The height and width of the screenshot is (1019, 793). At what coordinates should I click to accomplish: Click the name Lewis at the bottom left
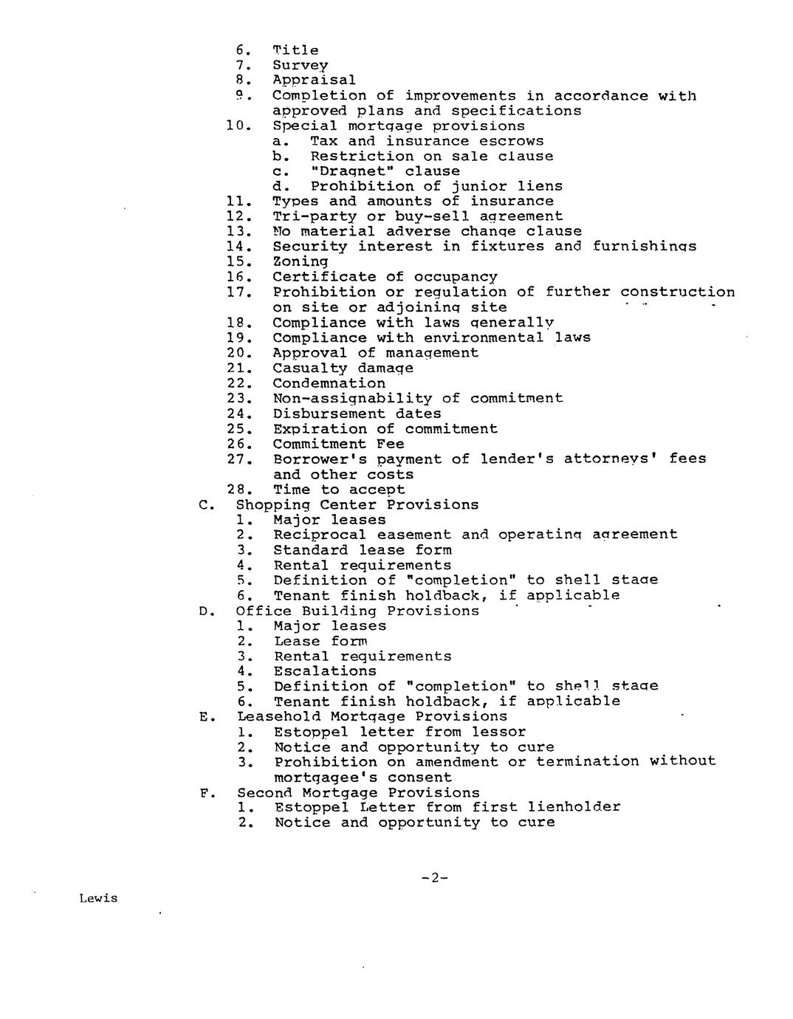pyautogui.click(x=98, y=899)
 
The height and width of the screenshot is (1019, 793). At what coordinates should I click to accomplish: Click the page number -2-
pyautogui.click(x=435, y=877)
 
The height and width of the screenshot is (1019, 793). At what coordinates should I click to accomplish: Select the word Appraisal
pyautogui.click(x=314, y=80)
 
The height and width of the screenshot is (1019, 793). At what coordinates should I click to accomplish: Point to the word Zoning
pyautogui.click(x=300, y=261)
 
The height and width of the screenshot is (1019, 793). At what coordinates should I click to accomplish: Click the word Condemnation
pyautogui.click(x=329, y=383)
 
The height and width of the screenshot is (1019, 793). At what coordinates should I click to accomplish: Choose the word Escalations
pyautogui.click(x=325, y=671)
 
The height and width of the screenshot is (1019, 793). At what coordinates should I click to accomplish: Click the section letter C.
pyautogui.click(x=205, y=505)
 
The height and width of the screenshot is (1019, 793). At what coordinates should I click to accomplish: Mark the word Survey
pyautogui.click(x=300, y=65)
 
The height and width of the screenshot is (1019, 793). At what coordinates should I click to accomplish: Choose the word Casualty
pyautogui.click(x=309, y=368)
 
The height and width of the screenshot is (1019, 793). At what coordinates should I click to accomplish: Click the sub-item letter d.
pyautogui.click(x=278, y=186)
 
